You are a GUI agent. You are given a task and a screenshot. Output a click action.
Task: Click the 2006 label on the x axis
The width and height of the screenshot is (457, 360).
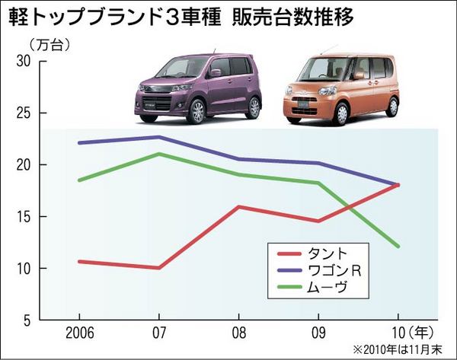click(79, 334)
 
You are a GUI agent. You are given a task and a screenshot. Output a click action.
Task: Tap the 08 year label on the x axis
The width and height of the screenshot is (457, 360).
click(238, 334)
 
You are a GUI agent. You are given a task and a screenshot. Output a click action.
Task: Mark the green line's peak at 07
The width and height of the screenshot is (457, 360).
click(158, 154)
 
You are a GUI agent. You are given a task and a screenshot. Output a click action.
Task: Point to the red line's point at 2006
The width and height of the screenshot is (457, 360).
click(79, 261)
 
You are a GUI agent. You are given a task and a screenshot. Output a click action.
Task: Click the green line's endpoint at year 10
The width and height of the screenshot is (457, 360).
click(397, 246)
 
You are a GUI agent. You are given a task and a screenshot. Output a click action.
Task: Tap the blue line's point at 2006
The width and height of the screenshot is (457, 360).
click(79, 142)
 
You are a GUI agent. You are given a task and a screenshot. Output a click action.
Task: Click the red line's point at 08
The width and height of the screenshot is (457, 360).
click(238, 206)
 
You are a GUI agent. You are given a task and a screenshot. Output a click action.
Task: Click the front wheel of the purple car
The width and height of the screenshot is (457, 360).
click(197, 113)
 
